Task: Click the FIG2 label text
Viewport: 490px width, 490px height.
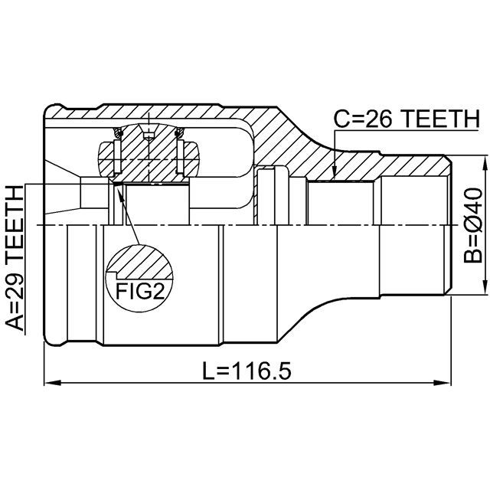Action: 140,291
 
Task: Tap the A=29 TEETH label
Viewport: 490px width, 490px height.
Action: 15,258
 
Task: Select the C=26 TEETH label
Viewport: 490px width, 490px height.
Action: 407,119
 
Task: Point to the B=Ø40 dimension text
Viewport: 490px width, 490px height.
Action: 473,225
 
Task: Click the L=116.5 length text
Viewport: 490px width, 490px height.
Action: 247,371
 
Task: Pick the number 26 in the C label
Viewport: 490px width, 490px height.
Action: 378,119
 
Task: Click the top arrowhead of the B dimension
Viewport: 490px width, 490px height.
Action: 485,164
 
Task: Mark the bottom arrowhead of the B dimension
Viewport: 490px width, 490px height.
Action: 485,286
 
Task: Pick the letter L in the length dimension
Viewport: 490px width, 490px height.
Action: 208,371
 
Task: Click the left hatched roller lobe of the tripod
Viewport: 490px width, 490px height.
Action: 106,159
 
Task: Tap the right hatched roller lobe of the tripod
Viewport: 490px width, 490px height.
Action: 191,159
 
